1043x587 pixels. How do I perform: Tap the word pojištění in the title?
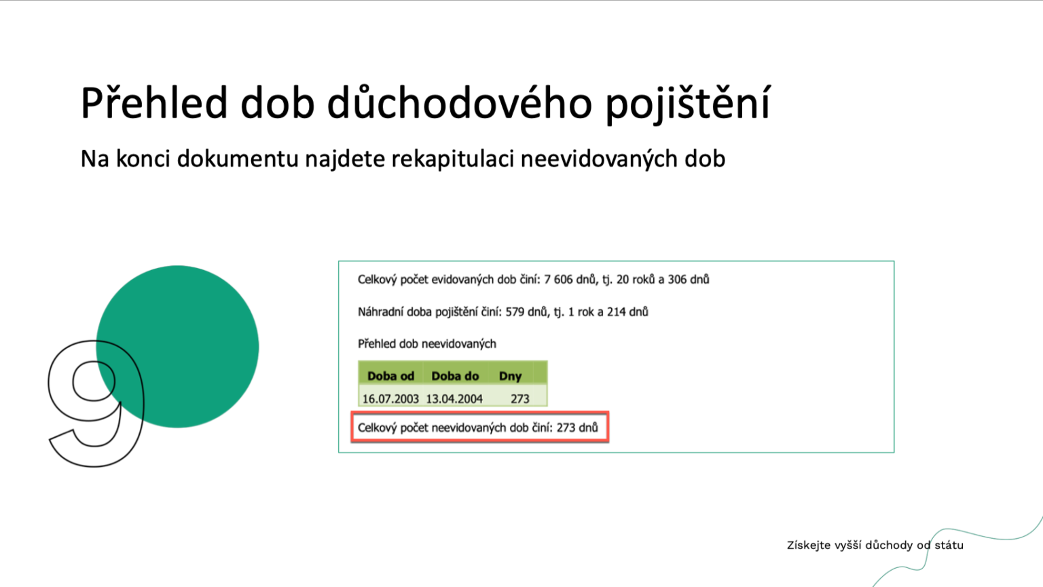click(688, 103)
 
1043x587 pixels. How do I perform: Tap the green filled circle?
click(177, 346)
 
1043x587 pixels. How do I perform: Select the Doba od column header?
click(390, 376)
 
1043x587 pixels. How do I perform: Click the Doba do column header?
click(455, 376)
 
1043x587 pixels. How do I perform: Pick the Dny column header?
click(511, 377)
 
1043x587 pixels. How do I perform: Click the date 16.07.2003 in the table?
click(390, 399)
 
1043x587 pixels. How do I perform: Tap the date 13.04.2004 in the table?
click(454, 399)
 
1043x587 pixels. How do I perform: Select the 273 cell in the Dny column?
click(520, 399)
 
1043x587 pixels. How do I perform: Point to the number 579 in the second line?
click(515, 312)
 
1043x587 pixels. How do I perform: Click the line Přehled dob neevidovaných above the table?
click(427, 344)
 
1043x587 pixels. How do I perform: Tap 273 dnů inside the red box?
click(577, 428)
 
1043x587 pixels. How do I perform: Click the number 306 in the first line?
click(678, 280)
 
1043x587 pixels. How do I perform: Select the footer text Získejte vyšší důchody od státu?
click(875, 545)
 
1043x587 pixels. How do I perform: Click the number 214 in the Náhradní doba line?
click(616, 312)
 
